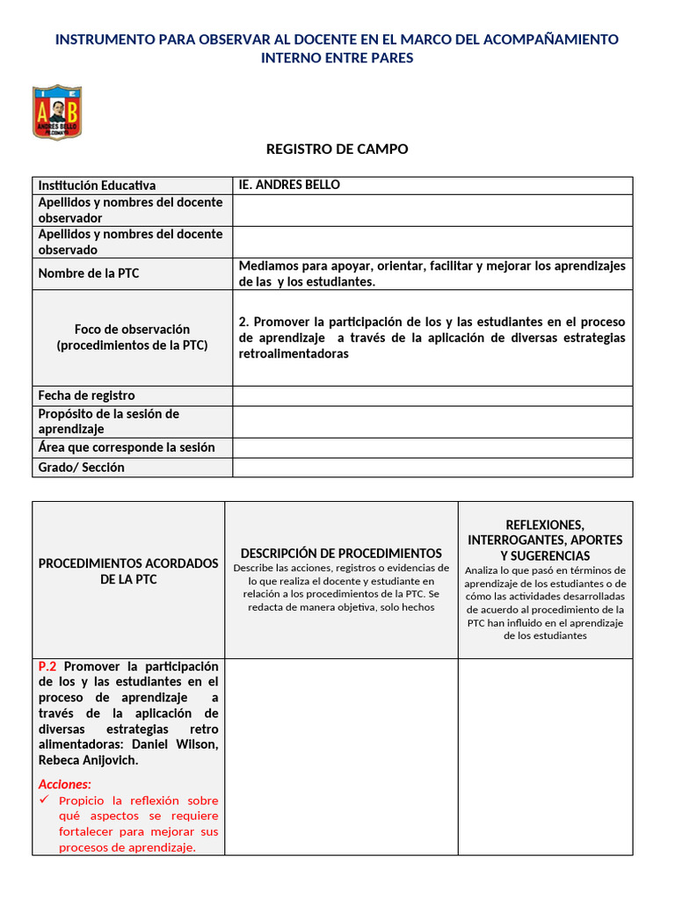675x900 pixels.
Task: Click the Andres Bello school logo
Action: tap(57, 112)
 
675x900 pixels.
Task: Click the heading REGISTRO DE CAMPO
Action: tap(337, 149)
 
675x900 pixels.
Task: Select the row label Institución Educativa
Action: tap(97, 185)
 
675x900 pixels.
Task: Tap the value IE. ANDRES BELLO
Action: tap(289, 185)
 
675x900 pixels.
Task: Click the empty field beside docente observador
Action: tap(432, 210)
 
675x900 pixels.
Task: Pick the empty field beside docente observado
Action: tap(432, 242)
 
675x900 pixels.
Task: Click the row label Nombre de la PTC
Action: tap(89, 273)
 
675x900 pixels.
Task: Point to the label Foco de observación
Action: tap(132, 329)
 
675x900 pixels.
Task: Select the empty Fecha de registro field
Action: tap(432, 396)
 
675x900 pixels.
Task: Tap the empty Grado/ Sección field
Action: tap(432, 468)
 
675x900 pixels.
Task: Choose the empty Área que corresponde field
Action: tap(432, 447)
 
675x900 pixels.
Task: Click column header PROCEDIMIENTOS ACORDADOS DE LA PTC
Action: tap(128, 571)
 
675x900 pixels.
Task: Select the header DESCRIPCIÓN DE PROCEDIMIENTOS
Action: tap(341, 553)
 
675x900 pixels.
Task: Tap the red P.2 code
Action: tap(48, 666)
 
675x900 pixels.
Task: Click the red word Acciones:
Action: tap(65, 784)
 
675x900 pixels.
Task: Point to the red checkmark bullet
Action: tap(45, 801)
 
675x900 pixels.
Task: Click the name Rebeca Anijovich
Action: tap(88, 760)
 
